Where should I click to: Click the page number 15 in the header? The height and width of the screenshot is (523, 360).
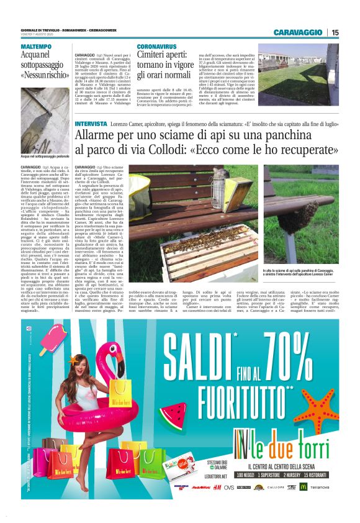click(x=335, y=32)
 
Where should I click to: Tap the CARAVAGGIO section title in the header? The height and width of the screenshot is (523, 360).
click(x=299, y=32)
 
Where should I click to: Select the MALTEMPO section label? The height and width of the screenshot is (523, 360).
click(x=37, y=47)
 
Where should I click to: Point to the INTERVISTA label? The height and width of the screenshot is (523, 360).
click(x=89, y=124)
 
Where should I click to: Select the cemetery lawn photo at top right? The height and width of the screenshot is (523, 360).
click(x=299, y=72)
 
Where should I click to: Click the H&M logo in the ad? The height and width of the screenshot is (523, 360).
click(x=217, y=488)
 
